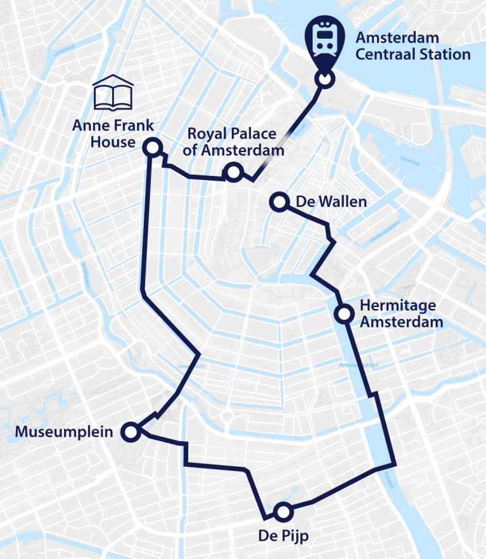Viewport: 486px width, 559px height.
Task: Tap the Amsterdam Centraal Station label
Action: (x=412, y=46)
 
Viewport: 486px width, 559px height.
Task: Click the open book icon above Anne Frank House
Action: (x=114, y=94)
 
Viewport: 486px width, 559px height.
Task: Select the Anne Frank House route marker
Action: (x=152, y=148)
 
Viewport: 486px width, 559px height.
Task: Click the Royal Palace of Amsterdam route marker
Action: (x=233, y=172)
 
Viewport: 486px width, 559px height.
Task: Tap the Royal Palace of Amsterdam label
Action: (x=232, y=142)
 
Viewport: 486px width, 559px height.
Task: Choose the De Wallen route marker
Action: (x=278, y=202)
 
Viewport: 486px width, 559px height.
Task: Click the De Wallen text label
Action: (x=331, y=202)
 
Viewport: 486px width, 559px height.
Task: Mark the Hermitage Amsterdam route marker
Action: (x=343, y=313)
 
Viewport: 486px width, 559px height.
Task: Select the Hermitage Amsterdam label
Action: (x=400, y=313)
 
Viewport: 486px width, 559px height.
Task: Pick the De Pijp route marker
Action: (x=282, y=511)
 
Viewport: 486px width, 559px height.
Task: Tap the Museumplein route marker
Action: (x=131, y=432)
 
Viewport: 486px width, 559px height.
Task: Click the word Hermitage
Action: (x=397, y=305)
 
